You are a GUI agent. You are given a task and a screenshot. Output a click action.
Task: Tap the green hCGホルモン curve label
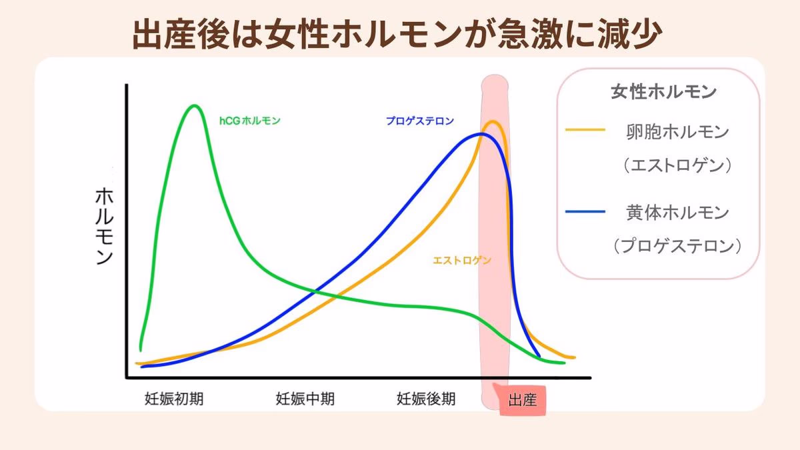coord(250,121)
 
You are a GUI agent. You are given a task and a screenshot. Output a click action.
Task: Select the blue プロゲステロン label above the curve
coord(420,121)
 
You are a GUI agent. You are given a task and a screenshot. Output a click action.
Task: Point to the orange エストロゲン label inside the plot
coord(462,261)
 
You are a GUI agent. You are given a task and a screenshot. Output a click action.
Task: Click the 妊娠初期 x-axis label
coord(175,399)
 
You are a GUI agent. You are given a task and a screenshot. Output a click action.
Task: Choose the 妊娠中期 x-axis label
coord(305,399)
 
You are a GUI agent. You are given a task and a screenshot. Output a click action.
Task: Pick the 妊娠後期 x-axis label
coord(427,399)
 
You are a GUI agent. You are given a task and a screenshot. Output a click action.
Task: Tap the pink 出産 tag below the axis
coord(522,401)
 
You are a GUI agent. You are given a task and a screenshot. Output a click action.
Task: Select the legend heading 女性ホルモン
coord(663,92)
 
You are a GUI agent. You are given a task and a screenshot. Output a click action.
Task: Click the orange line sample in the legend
coord(585,130)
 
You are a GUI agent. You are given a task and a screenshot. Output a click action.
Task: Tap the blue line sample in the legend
coord(585,211)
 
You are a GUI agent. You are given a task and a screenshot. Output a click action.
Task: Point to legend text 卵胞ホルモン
coord(678,131)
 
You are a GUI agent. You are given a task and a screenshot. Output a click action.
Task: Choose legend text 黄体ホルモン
coord(678,213)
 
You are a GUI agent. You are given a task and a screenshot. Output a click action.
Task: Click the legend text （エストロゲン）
coord(678,165)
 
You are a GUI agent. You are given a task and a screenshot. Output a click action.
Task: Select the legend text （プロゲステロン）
coord(678,246)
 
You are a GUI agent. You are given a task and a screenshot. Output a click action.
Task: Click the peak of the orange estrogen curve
coord(493,121)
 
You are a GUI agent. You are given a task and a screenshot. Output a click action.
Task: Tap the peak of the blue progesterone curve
coord(482,134)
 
